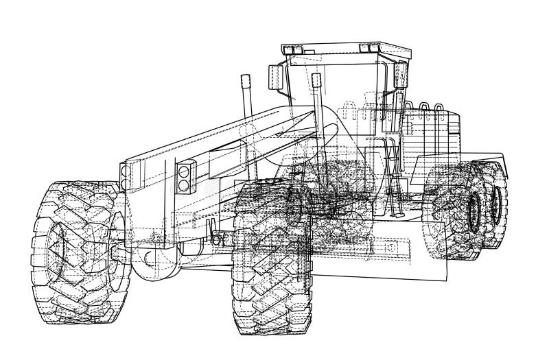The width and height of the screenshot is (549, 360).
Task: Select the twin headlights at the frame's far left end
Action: (x=124, y=174)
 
